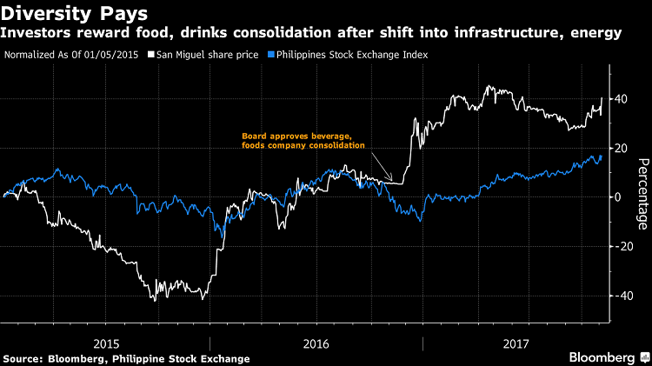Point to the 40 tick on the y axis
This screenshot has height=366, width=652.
click(622, 99)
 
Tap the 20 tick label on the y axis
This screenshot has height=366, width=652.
click(622, 148)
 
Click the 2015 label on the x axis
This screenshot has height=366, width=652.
click(105, 343)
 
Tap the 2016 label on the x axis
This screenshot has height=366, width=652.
click(315, 343)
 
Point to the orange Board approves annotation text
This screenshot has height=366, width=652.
click(303, 140)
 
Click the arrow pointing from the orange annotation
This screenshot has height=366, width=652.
click(383, 169)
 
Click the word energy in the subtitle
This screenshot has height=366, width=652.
click(599, 34)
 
